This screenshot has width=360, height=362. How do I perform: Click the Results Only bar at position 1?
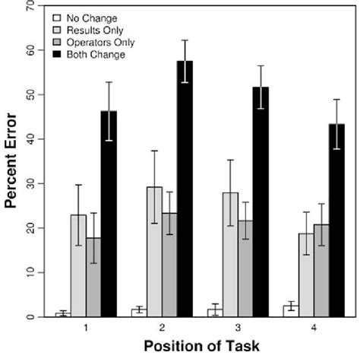pos(78,265)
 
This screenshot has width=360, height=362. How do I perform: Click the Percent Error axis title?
pos(11,166)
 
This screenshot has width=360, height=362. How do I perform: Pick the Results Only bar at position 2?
pos(155,252)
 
